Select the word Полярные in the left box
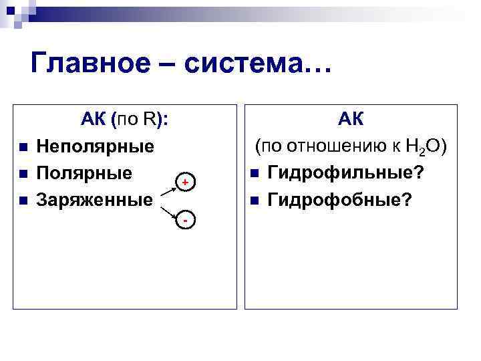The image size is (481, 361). [84, 172]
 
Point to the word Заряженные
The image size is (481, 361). [95, 199]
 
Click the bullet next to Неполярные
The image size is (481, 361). [23, 147]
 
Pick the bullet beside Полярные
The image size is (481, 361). [23, 174]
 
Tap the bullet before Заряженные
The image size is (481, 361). [23, 200]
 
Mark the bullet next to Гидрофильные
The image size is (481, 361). [255, 174]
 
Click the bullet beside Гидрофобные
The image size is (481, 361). [255, 201]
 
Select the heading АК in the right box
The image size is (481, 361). [351, 120]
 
